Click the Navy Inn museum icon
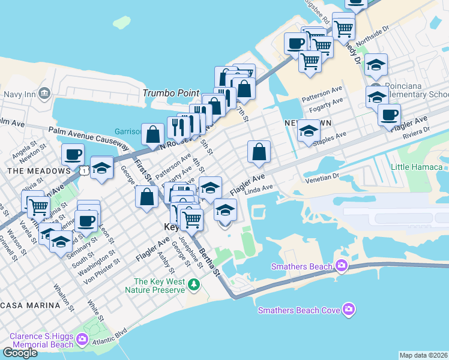pos(44,94)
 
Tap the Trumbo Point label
pos(170,93)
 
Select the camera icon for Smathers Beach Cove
pos(349,310)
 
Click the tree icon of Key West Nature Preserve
pos(193,284)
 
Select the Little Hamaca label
pos(418,166)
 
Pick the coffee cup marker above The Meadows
pos(73,155)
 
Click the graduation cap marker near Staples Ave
pos(309,131)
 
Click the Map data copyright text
pos(424,355)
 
